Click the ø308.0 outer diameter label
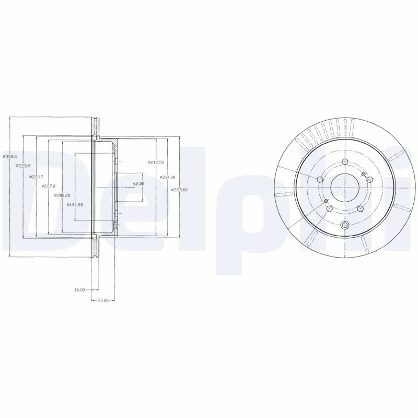coord(10,156)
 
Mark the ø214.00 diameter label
coord(167,177)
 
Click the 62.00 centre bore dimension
coord(138,183)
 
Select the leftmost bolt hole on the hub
coord(320,180)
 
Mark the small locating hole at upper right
coord(363,173)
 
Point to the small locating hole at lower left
coord(326,201)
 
